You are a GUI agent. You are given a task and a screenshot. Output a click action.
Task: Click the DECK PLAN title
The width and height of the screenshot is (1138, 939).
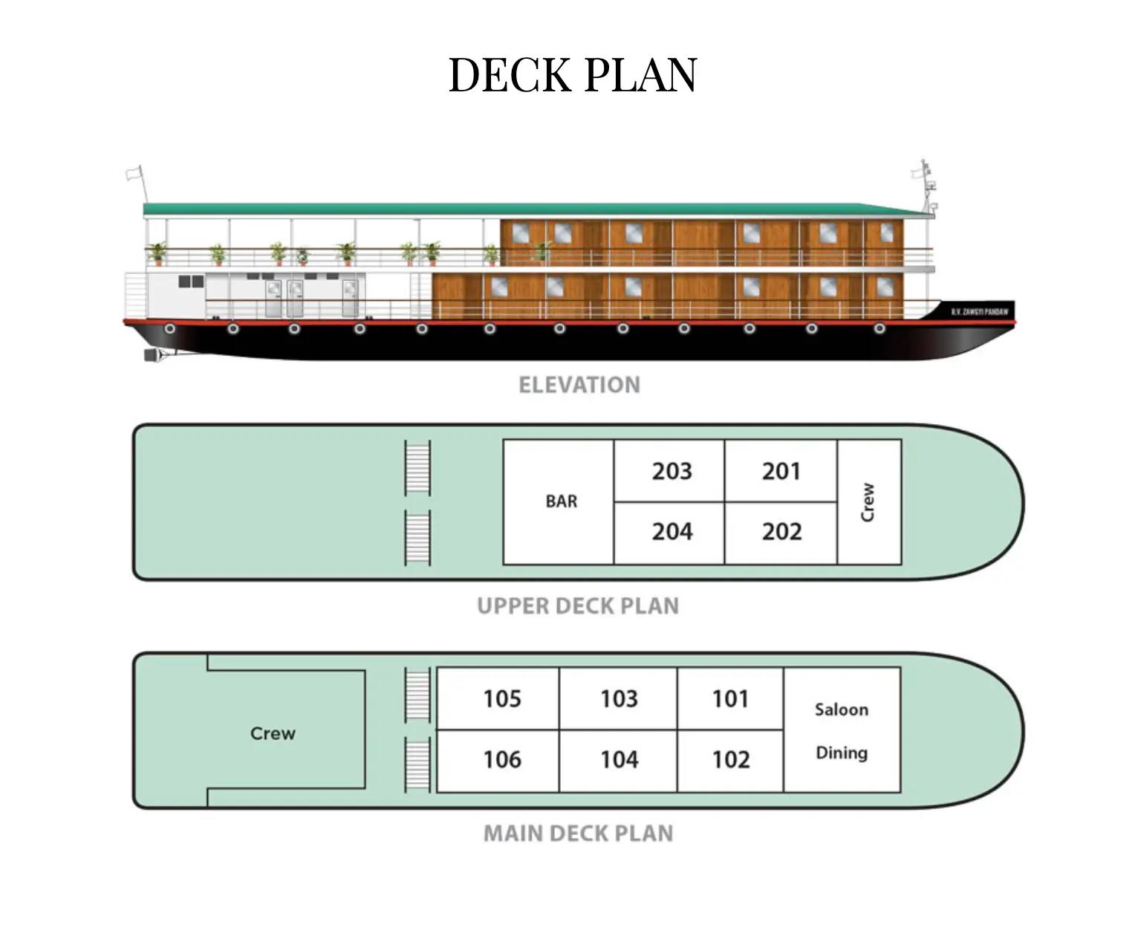(x=573, y=75)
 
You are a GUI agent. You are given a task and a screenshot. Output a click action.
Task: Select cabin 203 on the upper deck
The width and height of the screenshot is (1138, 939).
(x=672, y=471)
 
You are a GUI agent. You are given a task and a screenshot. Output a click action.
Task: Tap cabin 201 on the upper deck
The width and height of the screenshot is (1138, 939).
(x=781, y=471)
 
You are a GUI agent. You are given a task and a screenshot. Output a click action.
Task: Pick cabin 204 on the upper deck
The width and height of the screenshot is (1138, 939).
(x=672, y=532)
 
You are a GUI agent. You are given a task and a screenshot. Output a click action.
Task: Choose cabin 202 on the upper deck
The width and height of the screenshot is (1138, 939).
(x=781, y=532)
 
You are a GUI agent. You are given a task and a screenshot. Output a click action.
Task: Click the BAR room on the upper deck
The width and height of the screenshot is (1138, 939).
(x=561, y=501)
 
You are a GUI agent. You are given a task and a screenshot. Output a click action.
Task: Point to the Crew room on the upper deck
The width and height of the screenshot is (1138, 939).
(x=868, y=502)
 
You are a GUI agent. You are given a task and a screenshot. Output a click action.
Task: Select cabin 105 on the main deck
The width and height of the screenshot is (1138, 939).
(x=502, y=698)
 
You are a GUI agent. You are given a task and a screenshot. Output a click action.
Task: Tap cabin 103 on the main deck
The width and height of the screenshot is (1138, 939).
(x=619, y=698)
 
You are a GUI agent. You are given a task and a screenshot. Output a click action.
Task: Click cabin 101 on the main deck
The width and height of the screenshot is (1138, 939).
(x=730, y=698)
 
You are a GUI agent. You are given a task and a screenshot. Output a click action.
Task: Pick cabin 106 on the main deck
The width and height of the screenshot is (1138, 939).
(x=502, y=759)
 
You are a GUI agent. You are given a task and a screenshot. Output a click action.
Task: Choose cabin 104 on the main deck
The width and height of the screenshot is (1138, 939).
(x=619, y=759)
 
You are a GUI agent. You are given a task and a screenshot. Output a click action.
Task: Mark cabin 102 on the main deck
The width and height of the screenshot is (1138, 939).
(x=731, y=759)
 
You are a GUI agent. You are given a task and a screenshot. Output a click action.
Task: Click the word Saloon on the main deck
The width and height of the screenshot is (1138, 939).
(x=841, y=709)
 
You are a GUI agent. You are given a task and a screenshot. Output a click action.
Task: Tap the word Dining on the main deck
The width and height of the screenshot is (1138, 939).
(x=841, y=753)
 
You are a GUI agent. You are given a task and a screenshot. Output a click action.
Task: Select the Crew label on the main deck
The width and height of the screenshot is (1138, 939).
(x=273, y=733)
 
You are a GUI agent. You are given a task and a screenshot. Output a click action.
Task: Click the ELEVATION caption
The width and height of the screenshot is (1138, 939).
(x=579, y=385)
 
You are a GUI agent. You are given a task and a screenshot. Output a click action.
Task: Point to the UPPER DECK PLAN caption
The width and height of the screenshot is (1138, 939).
(x=577, y=606)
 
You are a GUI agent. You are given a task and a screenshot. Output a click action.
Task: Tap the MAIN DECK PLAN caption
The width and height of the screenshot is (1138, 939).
(x=578, y=834)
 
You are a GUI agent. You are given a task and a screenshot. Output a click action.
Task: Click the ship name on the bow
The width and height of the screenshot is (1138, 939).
(x=979, y=312)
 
